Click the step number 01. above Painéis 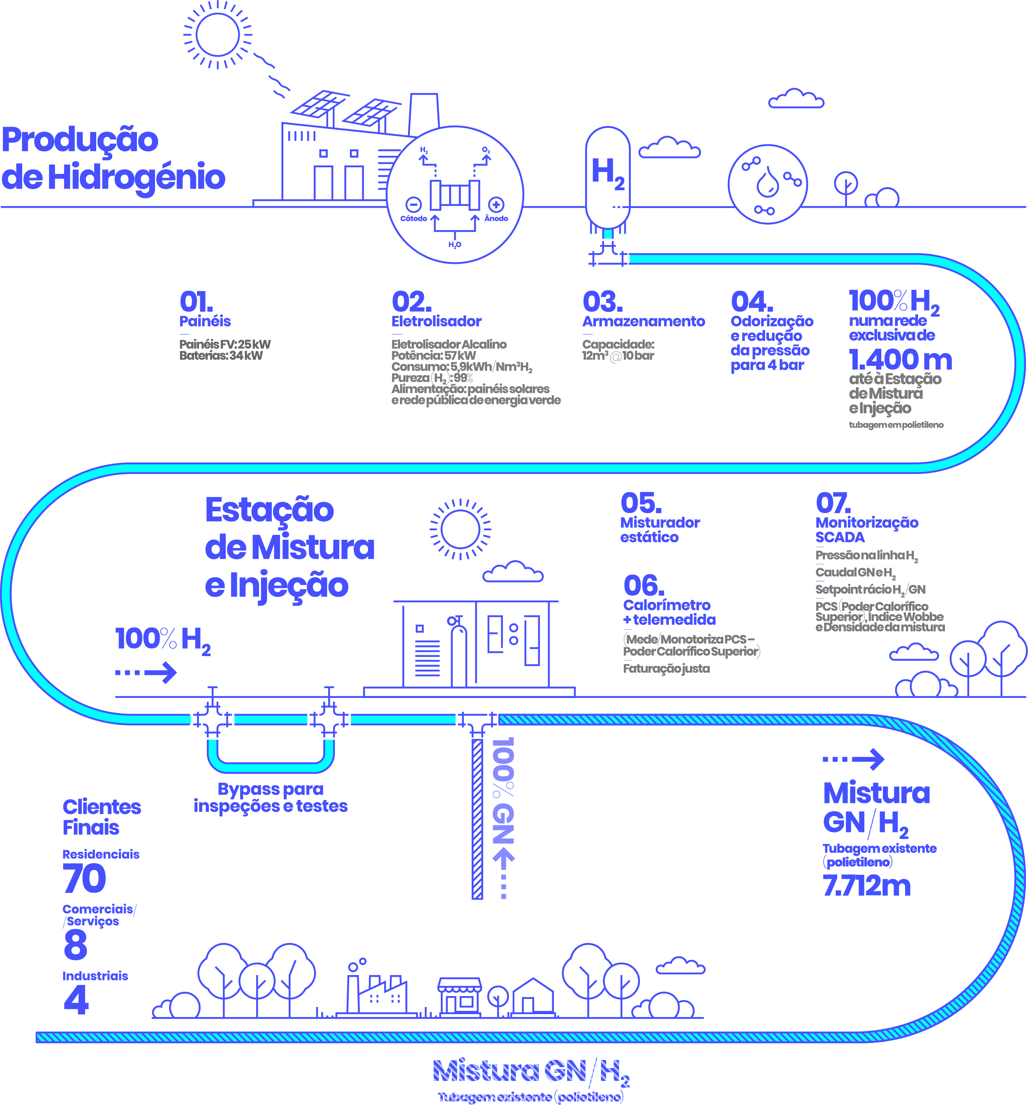(x=196, y=303)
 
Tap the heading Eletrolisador (x=436, y=321)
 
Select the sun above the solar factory (x=218, y=35)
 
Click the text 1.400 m (x=900, y=360)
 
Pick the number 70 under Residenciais (x=84, y=878)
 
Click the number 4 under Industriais (x=76, y=999)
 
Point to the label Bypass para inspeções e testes (x=271, y=798)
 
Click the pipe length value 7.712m (x=866, y=885)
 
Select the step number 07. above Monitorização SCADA (x=833, y=504)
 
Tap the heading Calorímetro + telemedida (x=669, y=612)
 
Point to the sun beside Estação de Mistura (x=460, y=529)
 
